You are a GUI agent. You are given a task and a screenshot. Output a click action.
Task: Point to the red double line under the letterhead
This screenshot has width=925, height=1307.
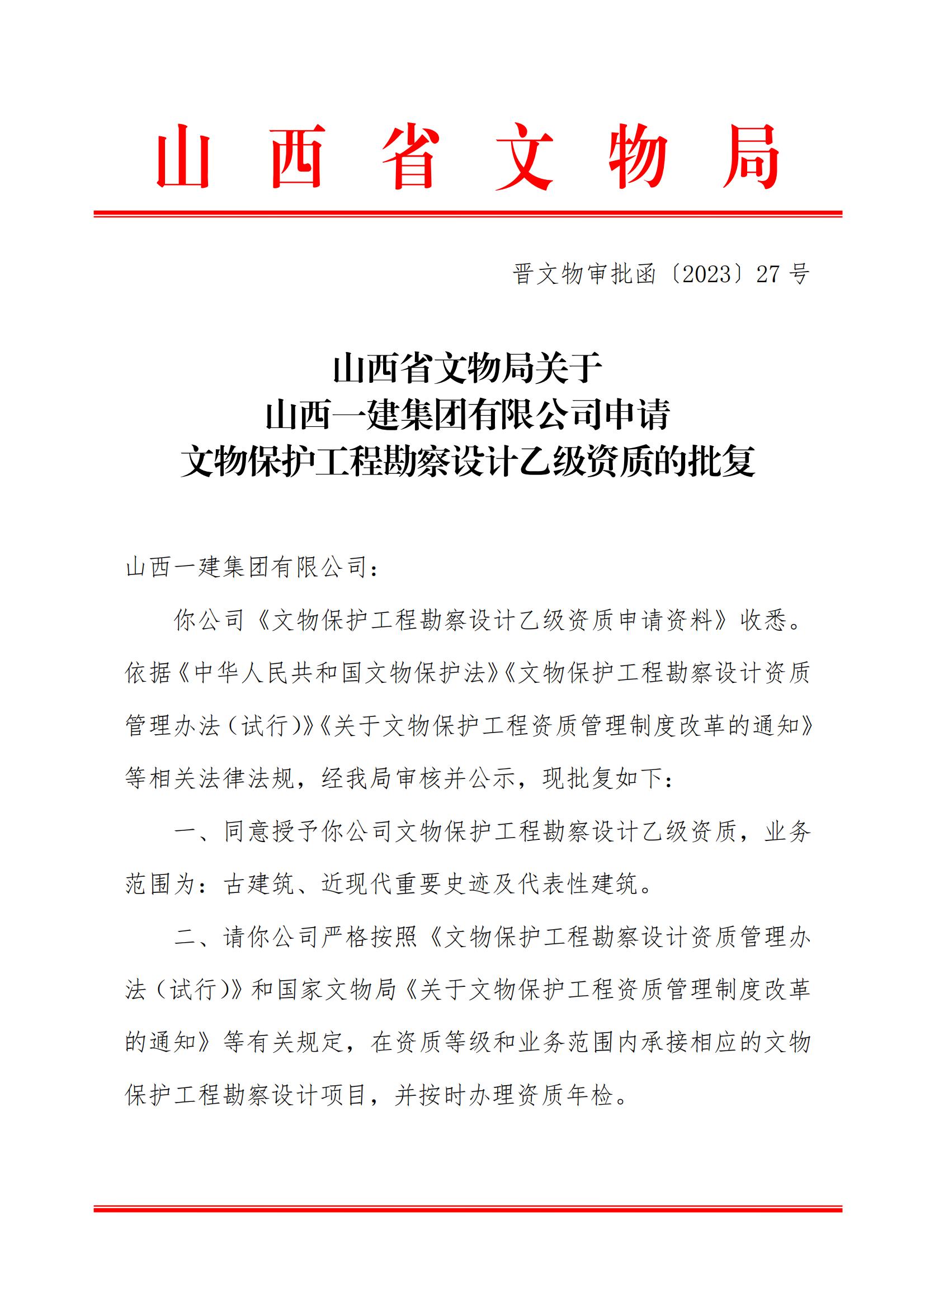[468, 214]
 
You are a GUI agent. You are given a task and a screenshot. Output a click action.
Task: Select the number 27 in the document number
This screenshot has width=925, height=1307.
[768, 275]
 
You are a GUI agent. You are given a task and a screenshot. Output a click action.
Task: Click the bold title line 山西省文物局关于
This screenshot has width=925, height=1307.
[468, 368]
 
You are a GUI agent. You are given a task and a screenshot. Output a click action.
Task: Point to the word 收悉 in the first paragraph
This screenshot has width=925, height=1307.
[764, 620]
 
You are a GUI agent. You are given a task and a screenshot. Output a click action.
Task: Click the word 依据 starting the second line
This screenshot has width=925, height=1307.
[149, 673]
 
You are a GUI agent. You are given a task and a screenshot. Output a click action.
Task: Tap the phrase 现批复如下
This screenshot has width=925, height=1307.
[603, 778]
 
